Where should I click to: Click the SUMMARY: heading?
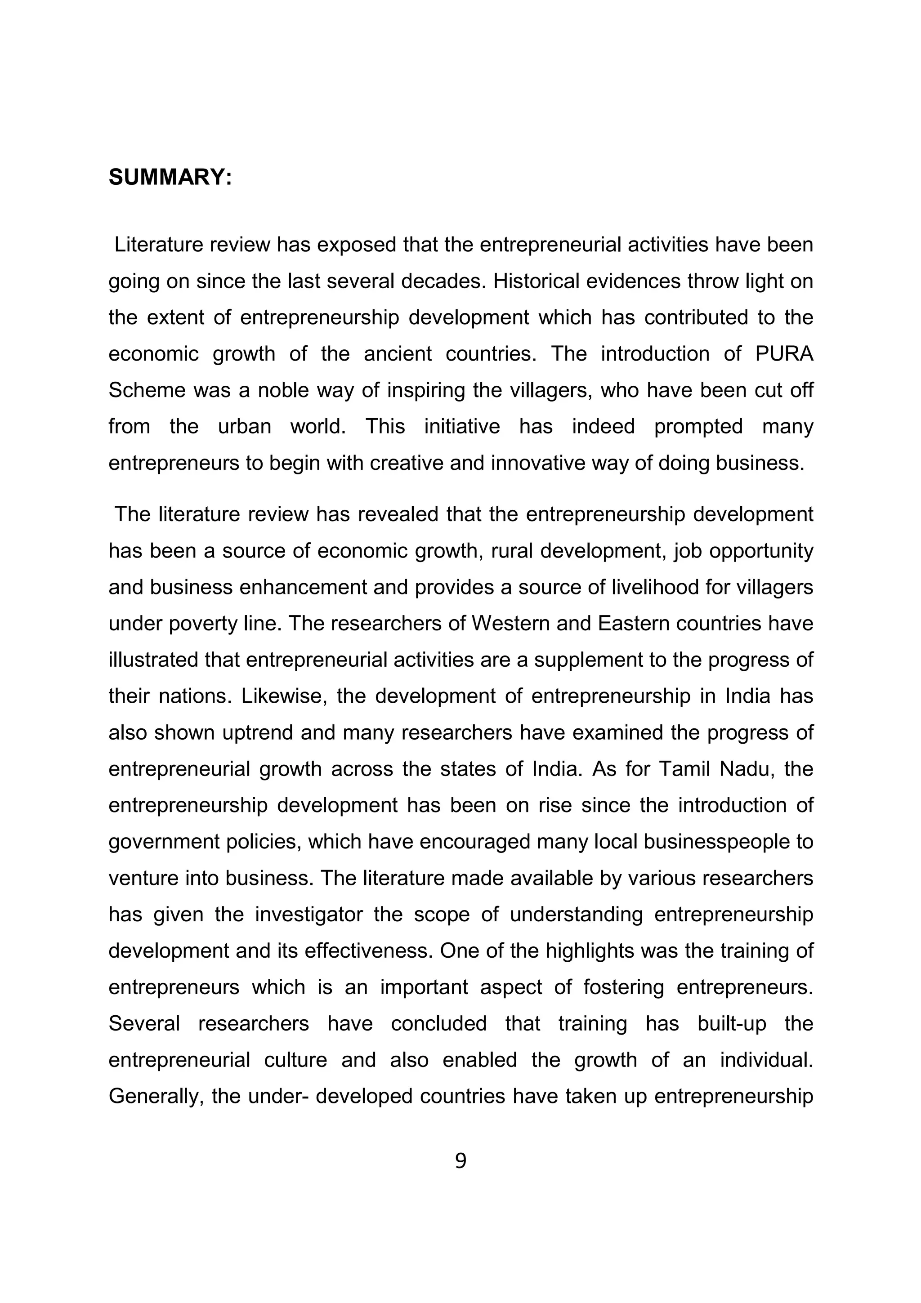(x=170, y=178)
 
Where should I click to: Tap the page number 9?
(x=460, y=1161)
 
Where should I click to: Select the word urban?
(x=245, y=426)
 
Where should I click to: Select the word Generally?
(x=156, y=1096)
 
